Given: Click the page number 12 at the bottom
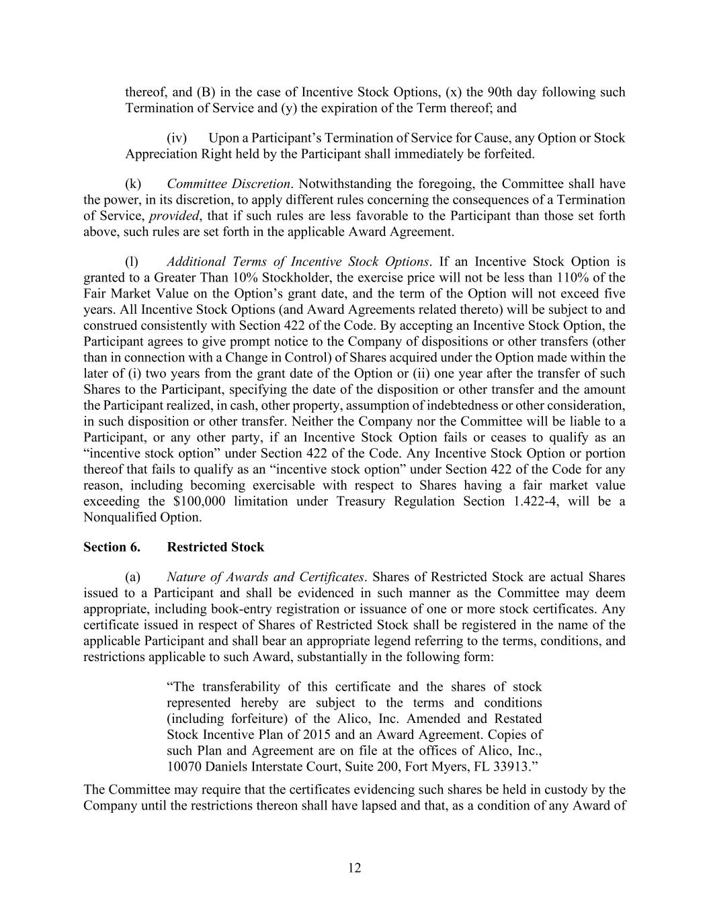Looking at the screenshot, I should point(354,868).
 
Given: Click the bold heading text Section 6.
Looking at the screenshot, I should point(112,547).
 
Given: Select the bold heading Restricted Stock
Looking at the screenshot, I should point(215,547).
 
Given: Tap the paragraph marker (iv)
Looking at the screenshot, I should point(177,138).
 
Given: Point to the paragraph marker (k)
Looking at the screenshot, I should point(133,184).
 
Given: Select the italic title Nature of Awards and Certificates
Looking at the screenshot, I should point(265,577).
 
